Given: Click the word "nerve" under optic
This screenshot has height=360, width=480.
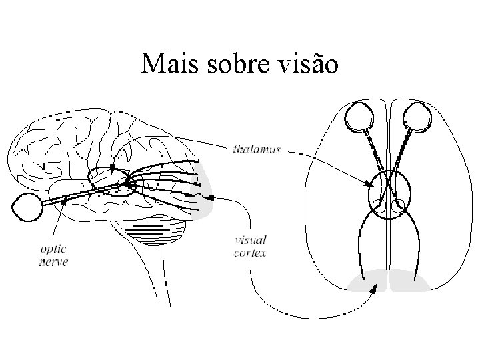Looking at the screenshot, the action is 53,263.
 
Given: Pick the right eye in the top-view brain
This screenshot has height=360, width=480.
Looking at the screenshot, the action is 419,117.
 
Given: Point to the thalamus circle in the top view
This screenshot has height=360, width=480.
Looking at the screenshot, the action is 389,195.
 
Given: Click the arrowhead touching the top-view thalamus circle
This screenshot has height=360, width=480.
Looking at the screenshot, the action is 369,185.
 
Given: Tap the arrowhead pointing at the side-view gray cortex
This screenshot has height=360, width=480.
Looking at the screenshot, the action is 210,197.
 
